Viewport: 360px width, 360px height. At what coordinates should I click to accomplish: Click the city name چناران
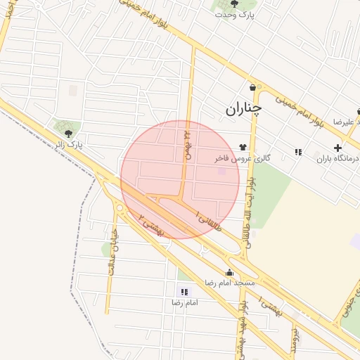243,109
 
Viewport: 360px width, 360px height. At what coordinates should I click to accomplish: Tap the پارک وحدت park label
234,15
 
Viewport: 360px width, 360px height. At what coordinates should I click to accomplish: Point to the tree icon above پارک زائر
68,133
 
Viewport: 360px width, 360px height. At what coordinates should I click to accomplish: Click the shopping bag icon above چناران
252,87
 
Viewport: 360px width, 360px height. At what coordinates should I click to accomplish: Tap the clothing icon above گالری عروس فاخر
243,147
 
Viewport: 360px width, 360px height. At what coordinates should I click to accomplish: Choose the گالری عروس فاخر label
243,159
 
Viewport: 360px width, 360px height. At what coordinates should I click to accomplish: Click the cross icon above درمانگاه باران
338,148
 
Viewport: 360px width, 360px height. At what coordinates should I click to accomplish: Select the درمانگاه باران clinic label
338,159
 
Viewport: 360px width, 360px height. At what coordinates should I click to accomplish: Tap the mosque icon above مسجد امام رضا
229,272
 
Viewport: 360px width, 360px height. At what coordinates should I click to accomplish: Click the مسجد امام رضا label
229,282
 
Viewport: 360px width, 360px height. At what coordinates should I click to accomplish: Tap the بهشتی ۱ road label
269,307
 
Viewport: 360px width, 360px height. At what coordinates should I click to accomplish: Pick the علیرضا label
347,122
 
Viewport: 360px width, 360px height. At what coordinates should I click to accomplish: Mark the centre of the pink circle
180,180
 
